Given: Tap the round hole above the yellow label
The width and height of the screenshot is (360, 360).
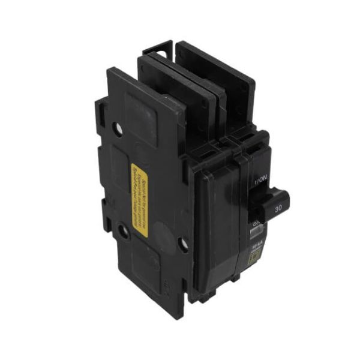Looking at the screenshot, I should point(119,128).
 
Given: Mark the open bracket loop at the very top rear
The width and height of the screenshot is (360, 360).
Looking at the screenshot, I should point(158,48).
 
